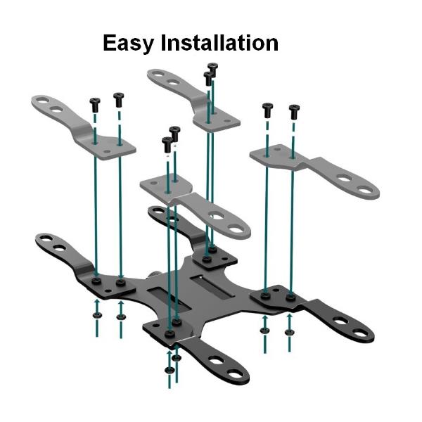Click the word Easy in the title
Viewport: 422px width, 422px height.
(129, 44)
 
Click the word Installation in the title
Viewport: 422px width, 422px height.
(219, 42)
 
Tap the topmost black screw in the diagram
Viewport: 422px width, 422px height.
(212, 68)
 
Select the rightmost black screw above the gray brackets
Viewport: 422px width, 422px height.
(294, 110)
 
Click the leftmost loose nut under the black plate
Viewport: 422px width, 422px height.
(96, 314)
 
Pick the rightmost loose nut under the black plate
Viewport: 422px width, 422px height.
(289, 330)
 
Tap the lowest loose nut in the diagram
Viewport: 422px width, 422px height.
(169, 369)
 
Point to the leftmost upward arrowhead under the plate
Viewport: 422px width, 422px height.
(96, 303)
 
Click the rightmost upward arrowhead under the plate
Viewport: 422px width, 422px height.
(289, 319)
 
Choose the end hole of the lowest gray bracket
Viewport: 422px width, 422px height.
(234, 228)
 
